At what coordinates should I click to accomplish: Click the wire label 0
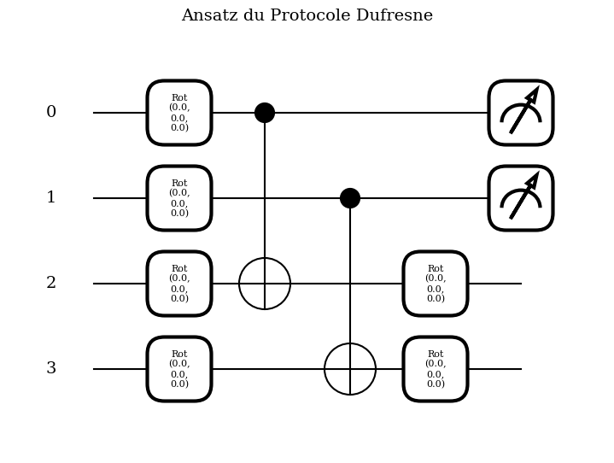pyautogui.click(x=51, y=113)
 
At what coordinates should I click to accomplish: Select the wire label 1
pyautogui.click(x=51, y=198)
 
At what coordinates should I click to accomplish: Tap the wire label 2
pyautogui.click(x=51, y=284)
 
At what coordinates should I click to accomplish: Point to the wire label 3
pyautogui.click(x=51, y=369)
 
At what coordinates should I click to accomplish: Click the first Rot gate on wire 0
pyautogui.click(x=179, y=113)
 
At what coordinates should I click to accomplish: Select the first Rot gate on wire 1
pyautogui.click(x=179, y=198)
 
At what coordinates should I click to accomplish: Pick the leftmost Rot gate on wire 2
pyautogui.click(x=179, y=284)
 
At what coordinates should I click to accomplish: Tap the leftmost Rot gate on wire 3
pyautogui.click(x=179, y=369)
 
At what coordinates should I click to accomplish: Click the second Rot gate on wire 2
pyautogui.click(x=436, y=284)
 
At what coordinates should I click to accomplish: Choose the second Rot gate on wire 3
pyautogui.click(x=436, y=369)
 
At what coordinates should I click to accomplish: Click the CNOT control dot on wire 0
pyautogui.click(x=265, y=113)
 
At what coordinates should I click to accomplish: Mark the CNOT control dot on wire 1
pyautogui.click(x=350, y=198)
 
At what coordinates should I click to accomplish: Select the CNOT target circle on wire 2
pyautogui.click(x=265, y=284)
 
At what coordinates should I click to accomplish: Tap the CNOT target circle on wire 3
pyautogui.click(x=350, y=369)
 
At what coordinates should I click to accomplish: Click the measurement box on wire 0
pyautogui.click(x=521, y=113)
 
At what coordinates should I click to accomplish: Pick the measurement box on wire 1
pyautogui.click(x=521, y=198)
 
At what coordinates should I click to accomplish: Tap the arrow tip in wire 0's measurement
pyautogui.click(x=536, y=90)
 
